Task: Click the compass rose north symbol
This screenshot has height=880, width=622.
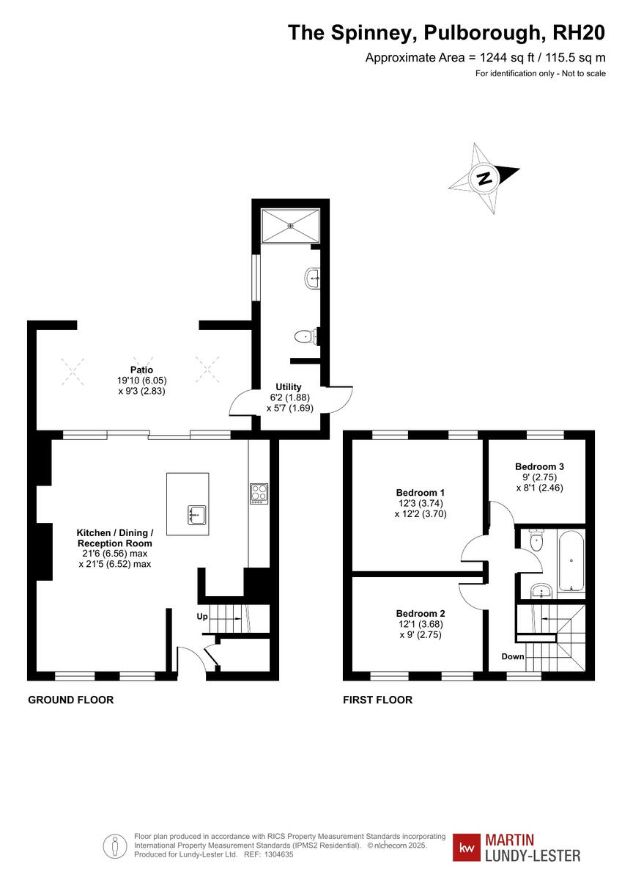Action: point(484,178)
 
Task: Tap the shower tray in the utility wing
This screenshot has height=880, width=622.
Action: point(291,226)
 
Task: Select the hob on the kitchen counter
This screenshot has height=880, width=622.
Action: point(259,494)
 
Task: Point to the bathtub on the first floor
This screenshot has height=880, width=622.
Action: point(570,561)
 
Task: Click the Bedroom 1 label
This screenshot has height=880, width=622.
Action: point(421,492)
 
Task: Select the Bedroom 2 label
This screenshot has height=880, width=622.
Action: point(421,613)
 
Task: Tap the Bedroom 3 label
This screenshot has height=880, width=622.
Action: point(539,466)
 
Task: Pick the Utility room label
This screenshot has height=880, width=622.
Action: point(288,386)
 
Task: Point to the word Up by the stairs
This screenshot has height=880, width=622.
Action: point(202,617)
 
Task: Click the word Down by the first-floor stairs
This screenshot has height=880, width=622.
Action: point(513,656)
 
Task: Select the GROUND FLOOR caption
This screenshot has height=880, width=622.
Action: point(70,700)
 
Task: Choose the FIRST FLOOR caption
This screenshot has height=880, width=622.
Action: point(377,700)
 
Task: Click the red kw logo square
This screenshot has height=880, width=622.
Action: point(466,847)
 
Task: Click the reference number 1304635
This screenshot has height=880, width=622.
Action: point(278,854)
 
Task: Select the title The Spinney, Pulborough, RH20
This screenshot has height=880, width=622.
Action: point(446,32)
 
